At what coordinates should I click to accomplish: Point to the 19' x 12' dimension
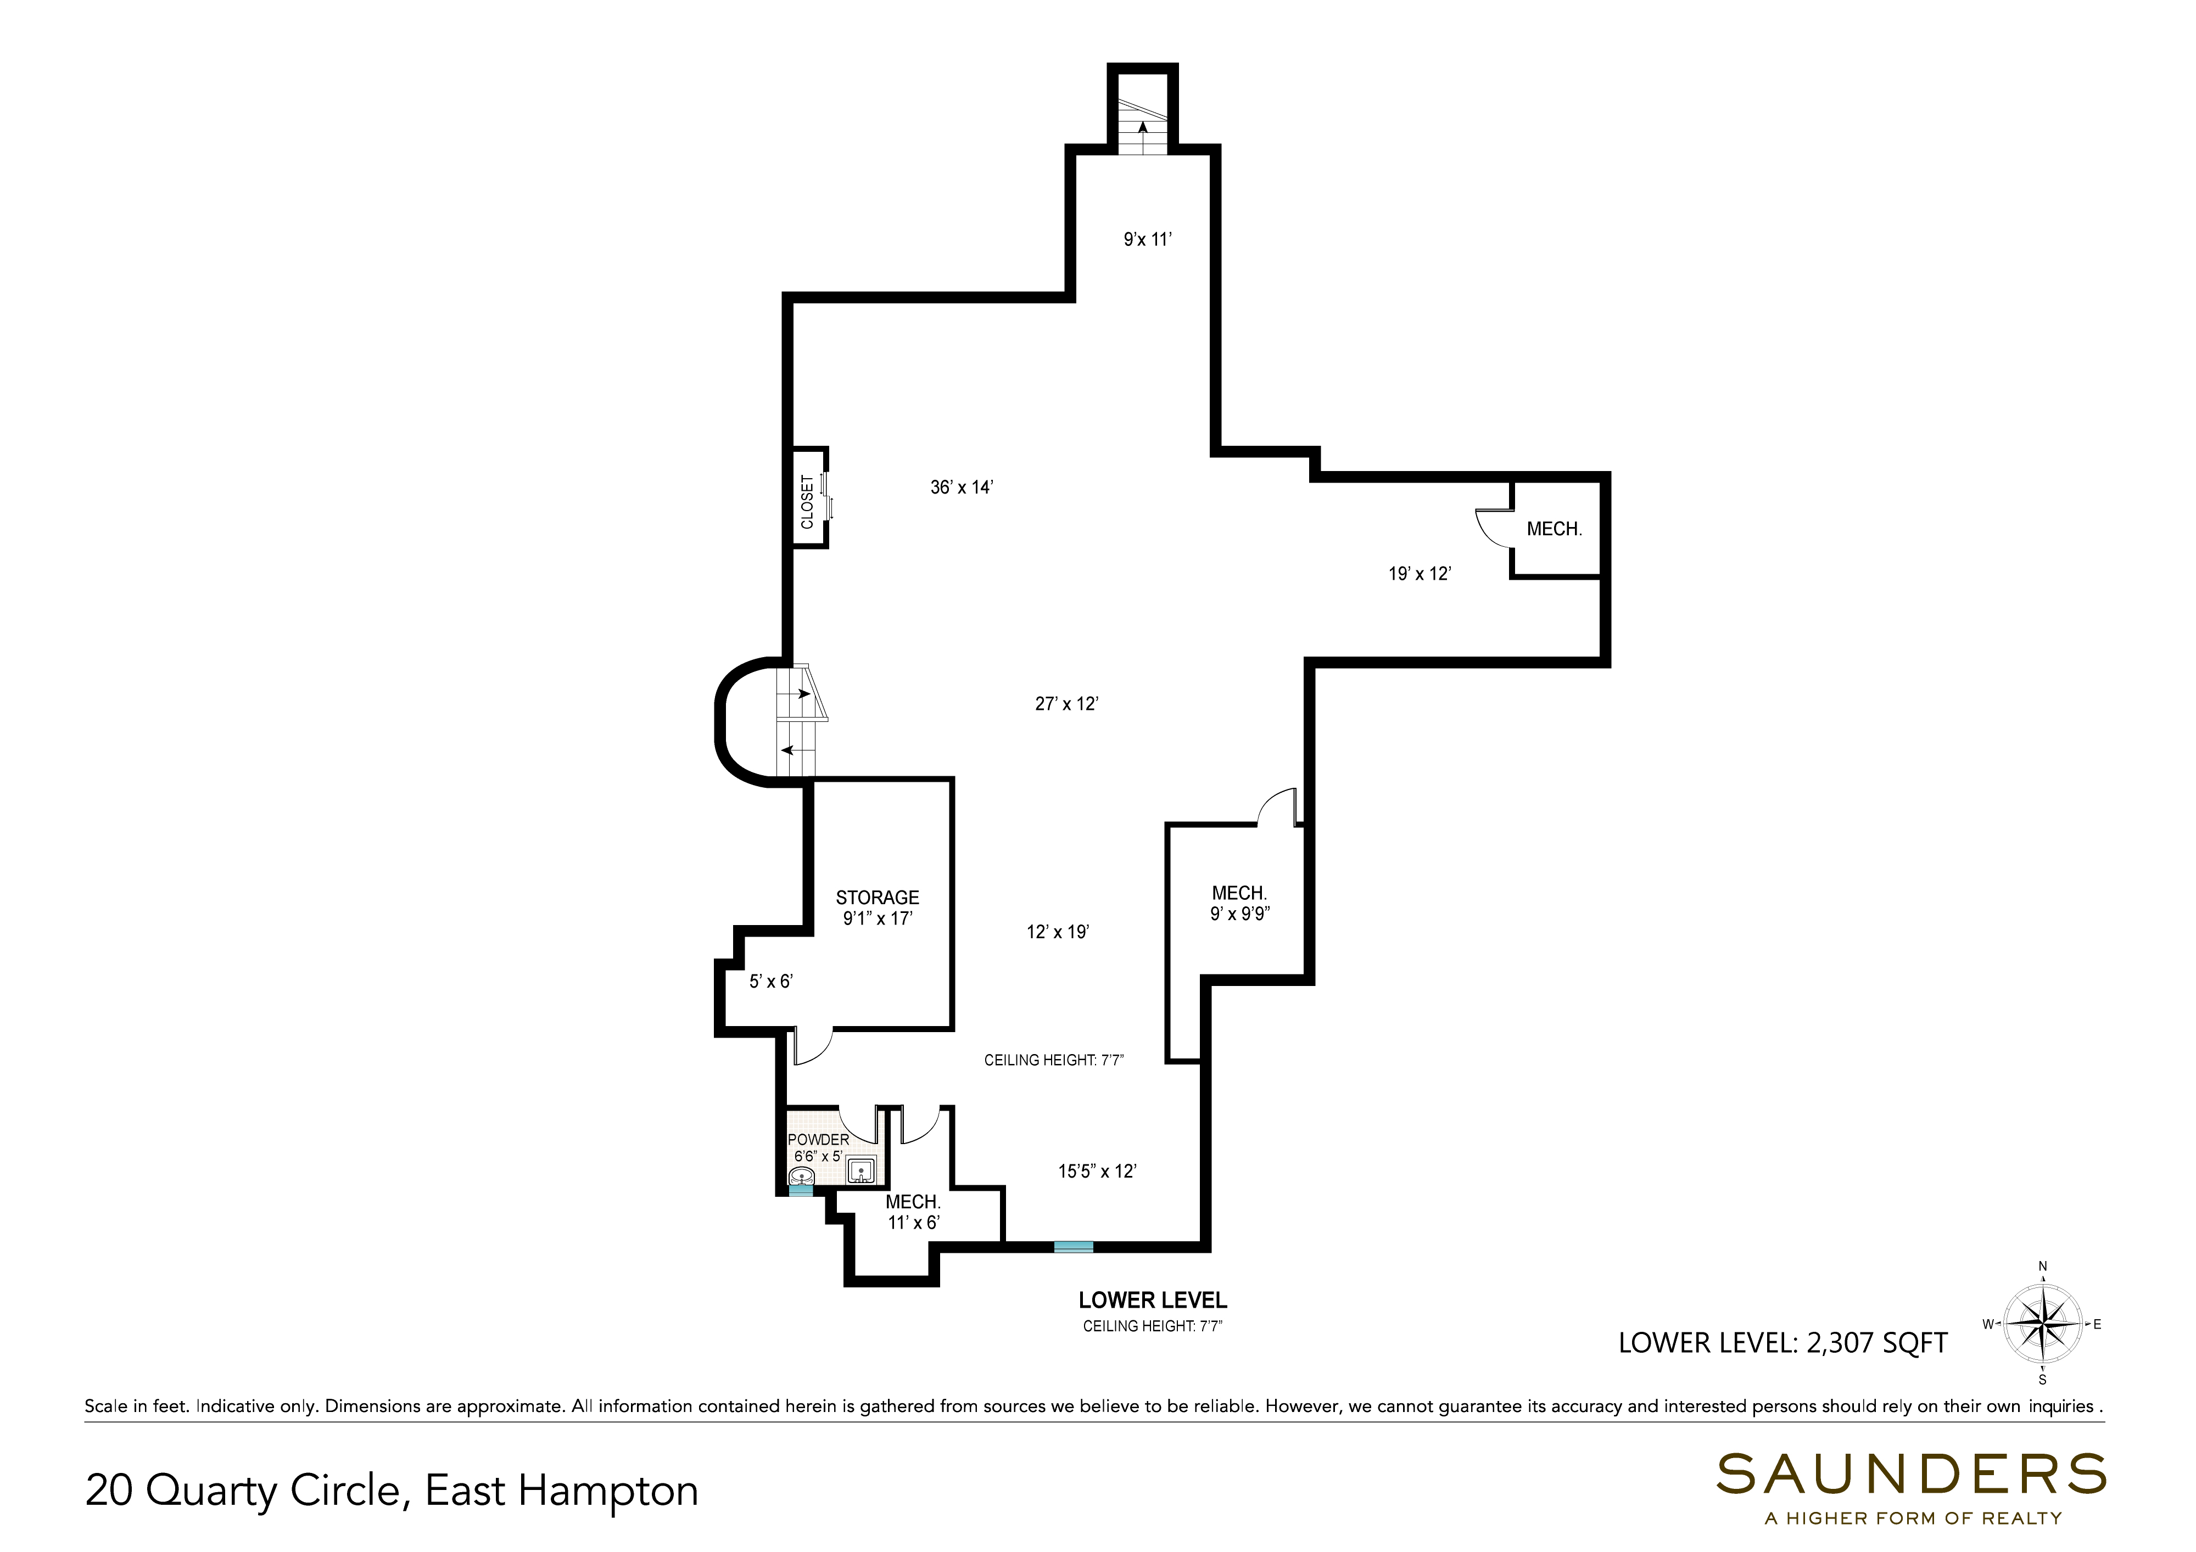point(1420,574)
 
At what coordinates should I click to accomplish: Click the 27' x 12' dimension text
point(1066,704)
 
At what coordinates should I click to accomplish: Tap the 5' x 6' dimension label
point(771,981)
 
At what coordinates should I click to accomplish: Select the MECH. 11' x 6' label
point(913,1213)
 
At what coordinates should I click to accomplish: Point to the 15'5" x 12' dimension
point(1097,1170)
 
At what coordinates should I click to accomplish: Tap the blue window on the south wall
point(1073,1246)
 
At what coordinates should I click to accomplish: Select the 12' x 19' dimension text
point(1058,932)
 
